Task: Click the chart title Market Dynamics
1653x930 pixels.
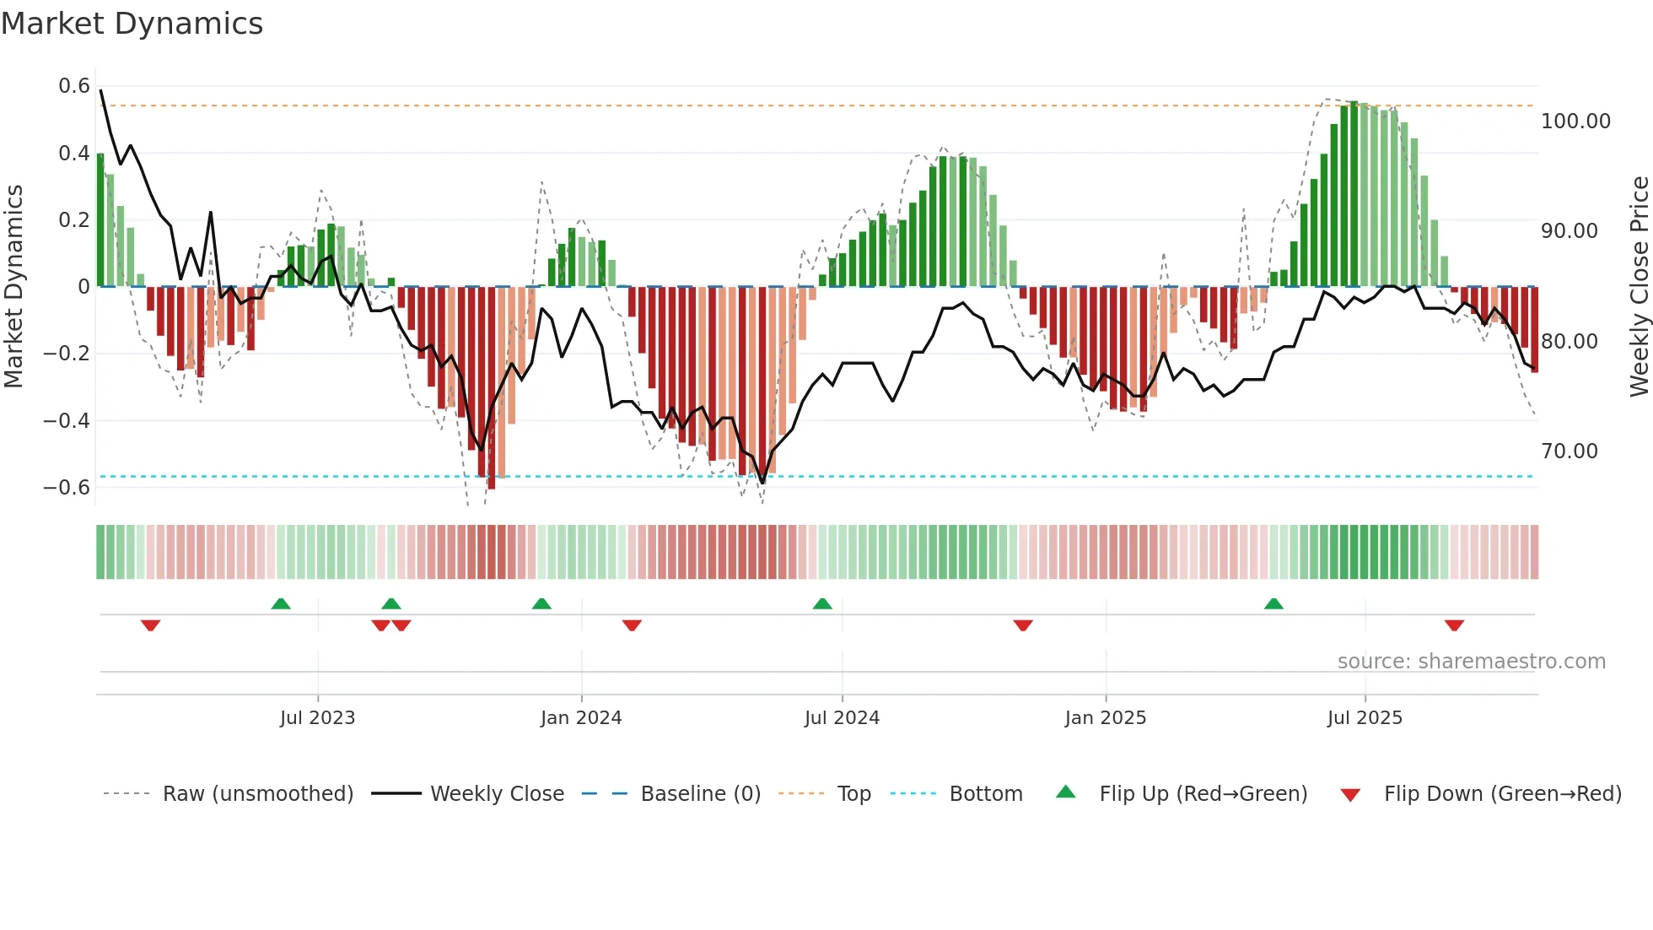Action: [x=132, y=24]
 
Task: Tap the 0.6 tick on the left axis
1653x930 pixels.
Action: [x=74, y=86]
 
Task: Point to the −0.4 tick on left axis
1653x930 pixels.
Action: [x=67, y=420]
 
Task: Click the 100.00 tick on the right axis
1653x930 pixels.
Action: [x=1575, y=122]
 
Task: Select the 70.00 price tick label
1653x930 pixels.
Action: [x=1570, y=451]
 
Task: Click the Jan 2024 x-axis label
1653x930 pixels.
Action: [x=581, y=718]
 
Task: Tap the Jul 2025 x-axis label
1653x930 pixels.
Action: [x=1365, y=718]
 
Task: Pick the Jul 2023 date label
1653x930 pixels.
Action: [x=318, y=718]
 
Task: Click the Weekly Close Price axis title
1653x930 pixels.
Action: [x=1639, y=287]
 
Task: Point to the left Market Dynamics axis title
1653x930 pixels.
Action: [x=13, y=287]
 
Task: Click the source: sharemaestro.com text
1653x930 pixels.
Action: [x=1471, y=662]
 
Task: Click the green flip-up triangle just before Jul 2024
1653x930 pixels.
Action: [x=822, y=604]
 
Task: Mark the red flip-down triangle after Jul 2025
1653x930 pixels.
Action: [x=1454, y=625]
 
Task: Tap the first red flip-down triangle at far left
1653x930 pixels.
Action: [x=151, y=625]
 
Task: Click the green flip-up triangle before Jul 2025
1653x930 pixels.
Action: [x=1273, y=604]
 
